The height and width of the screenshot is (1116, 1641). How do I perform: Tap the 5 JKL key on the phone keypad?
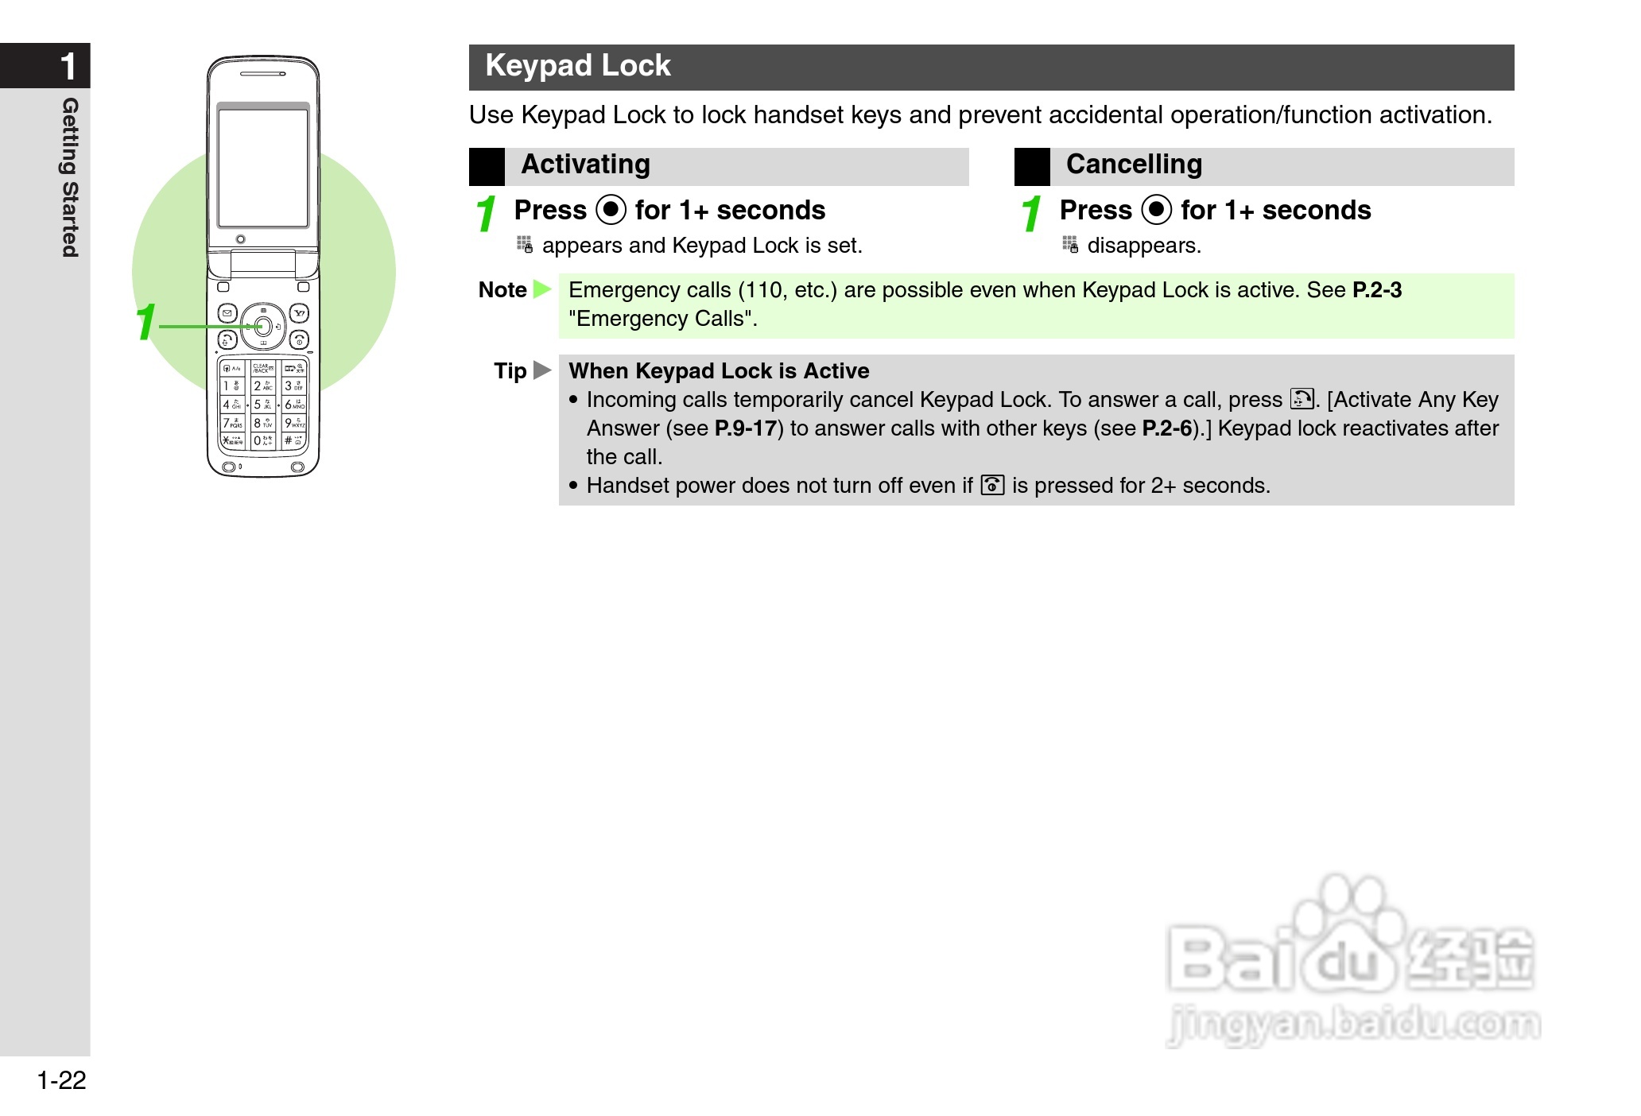click(x=262, y=405)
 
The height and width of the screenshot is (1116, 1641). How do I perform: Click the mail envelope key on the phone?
click(x=227, y=313)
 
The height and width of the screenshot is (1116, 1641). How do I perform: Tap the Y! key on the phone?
click(x=299, y=313)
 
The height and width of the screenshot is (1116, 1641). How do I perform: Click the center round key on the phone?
click(x=263, y=326)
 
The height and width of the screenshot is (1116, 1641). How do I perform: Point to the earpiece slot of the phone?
click(x=263, y=74)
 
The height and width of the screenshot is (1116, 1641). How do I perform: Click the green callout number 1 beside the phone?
click(x=145, y=322)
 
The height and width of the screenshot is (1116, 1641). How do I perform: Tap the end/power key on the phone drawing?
click(x=299, y=340)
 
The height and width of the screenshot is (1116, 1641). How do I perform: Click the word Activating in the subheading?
click(x=585, y=165)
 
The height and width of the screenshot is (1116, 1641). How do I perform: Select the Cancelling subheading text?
click(x=1134, y=165)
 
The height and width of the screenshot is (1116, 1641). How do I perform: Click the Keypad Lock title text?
click(x=578, y=66)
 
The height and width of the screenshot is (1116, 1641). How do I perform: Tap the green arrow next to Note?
click(x=542, y=289)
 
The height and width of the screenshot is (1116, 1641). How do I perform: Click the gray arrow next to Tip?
click(x=542, y=370)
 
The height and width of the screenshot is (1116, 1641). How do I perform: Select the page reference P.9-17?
click(x=745, y=428)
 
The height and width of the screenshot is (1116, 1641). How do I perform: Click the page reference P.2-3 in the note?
click(x=1377, y=290)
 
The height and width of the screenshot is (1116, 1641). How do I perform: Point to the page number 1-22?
click(x=61, y=1080)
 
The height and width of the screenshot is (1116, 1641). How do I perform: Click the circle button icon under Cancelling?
click(x=1157, y=210)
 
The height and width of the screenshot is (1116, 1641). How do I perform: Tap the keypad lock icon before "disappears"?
click(x=1070, y=245)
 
